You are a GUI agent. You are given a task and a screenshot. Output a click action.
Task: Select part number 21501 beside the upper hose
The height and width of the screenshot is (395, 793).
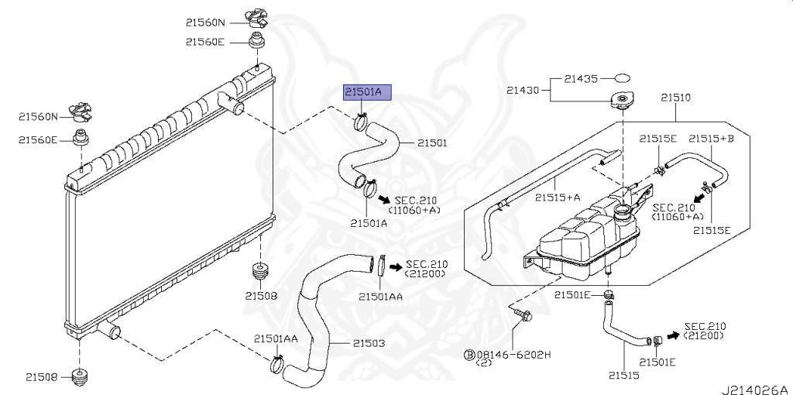click(x=433, y=143)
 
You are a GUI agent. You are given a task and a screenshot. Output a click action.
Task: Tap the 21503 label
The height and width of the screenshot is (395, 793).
click(x=368, y=343)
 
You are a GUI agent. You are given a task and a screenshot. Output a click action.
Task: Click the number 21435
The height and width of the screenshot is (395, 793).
click(x=580, y=78)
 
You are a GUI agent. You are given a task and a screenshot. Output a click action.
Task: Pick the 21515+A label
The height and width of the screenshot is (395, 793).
click(x=558, y=197)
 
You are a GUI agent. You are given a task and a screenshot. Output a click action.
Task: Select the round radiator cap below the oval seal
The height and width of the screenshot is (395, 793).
click(x=621, y=101)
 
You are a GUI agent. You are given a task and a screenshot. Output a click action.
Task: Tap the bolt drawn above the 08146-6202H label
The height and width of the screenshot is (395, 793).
click(x=522, y=314)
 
